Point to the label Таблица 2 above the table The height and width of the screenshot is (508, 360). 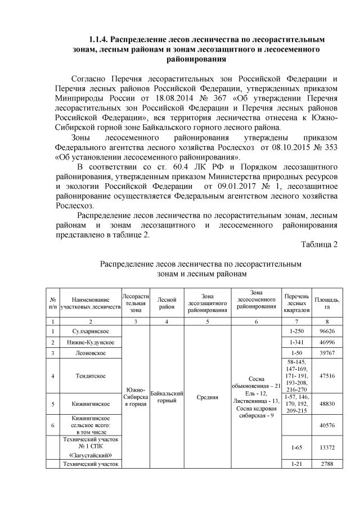coord(319,244)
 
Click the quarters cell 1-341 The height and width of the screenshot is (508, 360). coord(295,342)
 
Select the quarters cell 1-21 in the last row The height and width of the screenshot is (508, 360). coord(295,464)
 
